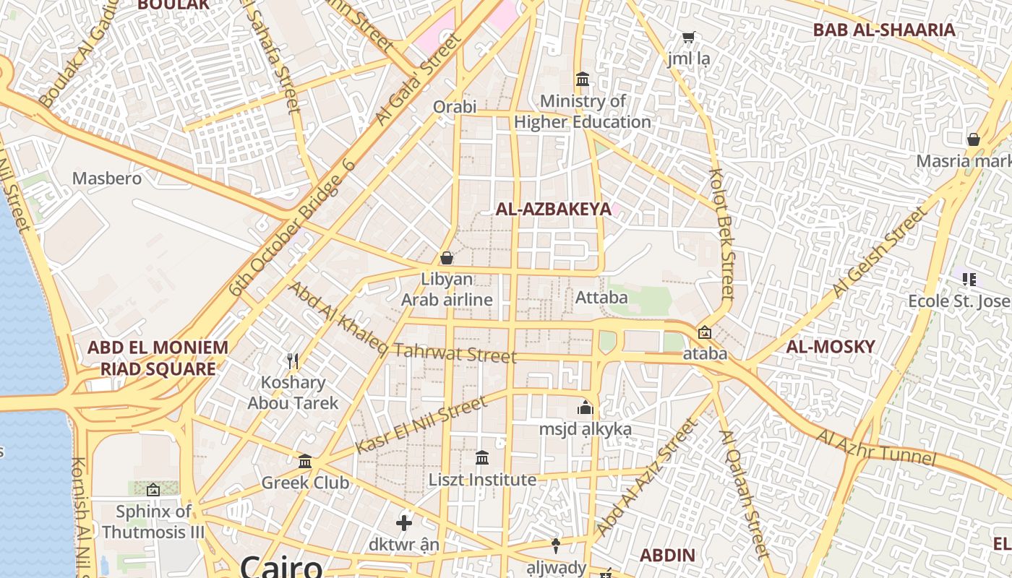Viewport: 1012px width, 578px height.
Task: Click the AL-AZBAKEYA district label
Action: click(x=553, y=210)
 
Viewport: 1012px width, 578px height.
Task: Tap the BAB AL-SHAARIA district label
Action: click(x=884, y=30)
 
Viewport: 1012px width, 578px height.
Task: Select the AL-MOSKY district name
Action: click(x=830, y=347)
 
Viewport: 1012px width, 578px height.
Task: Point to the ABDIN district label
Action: click(x=667, y=556)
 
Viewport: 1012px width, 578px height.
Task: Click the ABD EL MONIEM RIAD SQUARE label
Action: click(x=158, y=358)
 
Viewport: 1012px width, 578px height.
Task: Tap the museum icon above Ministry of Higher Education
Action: click(x=583, y=79)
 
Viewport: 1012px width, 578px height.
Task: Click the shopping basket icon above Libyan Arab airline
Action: click(x=447, y=258)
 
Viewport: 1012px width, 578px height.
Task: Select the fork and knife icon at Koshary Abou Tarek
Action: click(x=293, y=361)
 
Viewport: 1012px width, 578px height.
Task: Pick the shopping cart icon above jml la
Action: click(x=689, y=37)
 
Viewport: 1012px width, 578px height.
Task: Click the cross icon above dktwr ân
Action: click(x=404, y=522)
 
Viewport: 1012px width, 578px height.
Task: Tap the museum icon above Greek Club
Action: click(x=305, y=461)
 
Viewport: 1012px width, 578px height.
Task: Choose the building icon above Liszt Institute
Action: click(x=482, y=458)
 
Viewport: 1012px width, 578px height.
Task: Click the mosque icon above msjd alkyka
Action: click(x=586, y=407)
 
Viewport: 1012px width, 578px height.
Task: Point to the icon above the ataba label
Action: click(x=705, y=332)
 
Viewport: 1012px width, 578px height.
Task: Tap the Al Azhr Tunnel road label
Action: click(x=876, y=448)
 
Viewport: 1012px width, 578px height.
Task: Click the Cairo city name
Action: click(x=281, y=566)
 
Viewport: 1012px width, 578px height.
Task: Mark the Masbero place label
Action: click(x=107, y=178)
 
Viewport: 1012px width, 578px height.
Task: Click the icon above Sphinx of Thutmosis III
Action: click(x=153, y=491)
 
